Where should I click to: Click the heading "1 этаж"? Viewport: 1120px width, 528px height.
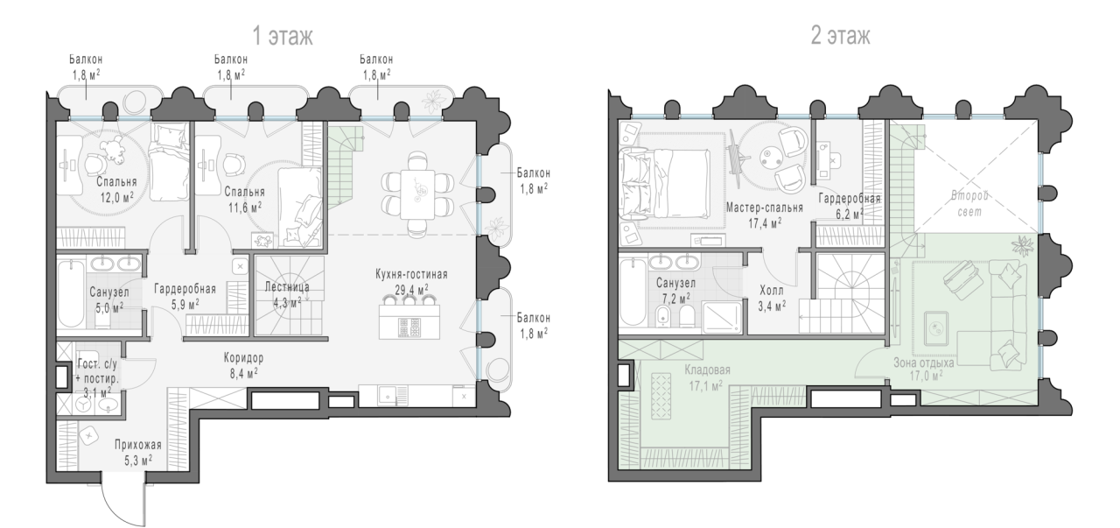[x=283, y=36]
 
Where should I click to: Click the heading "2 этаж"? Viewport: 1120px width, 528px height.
[x=841, y=36]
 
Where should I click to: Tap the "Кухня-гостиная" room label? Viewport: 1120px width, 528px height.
[x=411, y=274]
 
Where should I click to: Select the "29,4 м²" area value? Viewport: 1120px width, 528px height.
[x=411, y=290]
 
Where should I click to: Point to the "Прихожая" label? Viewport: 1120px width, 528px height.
[x=138, y=445]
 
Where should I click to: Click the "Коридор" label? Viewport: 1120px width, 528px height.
[x=243, y=358]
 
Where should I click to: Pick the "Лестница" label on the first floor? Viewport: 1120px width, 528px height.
[x=287, y=287]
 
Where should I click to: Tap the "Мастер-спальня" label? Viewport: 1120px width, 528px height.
[x=765, y=208]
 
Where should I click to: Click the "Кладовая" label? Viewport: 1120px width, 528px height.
[x=708, y=370]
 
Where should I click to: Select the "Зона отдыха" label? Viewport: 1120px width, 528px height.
[x=923, y=363]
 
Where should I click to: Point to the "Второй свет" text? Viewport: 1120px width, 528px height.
[x=969, y=203]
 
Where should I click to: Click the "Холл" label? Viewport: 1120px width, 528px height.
[x=772, y=291]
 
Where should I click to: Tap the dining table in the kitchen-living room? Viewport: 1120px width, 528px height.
[x=417, y=194]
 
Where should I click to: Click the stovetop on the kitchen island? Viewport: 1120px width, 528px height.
[x=410, y=327]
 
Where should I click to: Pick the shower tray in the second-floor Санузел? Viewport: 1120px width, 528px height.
[x=723, y=317]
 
